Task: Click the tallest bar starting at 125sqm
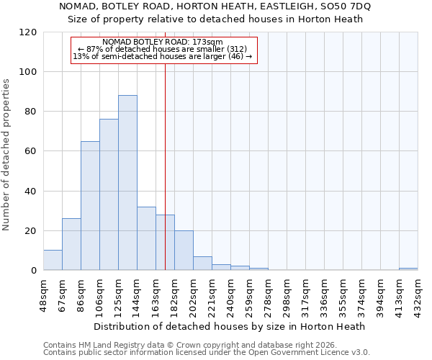127,183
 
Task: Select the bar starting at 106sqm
109,194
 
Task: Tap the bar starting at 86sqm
90,206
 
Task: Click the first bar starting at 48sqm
53,260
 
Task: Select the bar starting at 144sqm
146,238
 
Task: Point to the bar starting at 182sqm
184,251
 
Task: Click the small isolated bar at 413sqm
408,269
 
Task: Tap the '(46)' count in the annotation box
234,56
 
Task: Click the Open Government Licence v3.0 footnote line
207,352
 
